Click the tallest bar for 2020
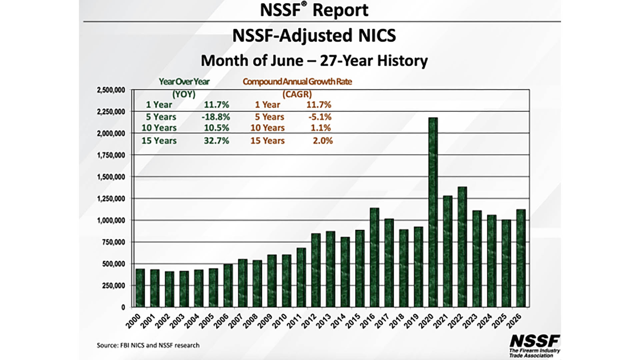433,212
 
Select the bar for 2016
375,257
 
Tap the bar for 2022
462,247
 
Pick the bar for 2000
140,288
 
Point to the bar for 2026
521,258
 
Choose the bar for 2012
316,270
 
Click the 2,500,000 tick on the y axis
111,90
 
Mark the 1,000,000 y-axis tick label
111,220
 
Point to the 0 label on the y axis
123,307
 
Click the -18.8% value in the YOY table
216,117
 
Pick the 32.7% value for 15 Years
217,141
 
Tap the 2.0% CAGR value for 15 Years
323,141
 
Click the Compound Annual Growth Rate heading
297,82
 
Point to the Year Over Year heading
184,82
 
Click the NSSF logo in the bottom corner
535,346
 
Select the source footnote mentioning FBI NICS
148,345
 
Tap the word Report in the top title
340,10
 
